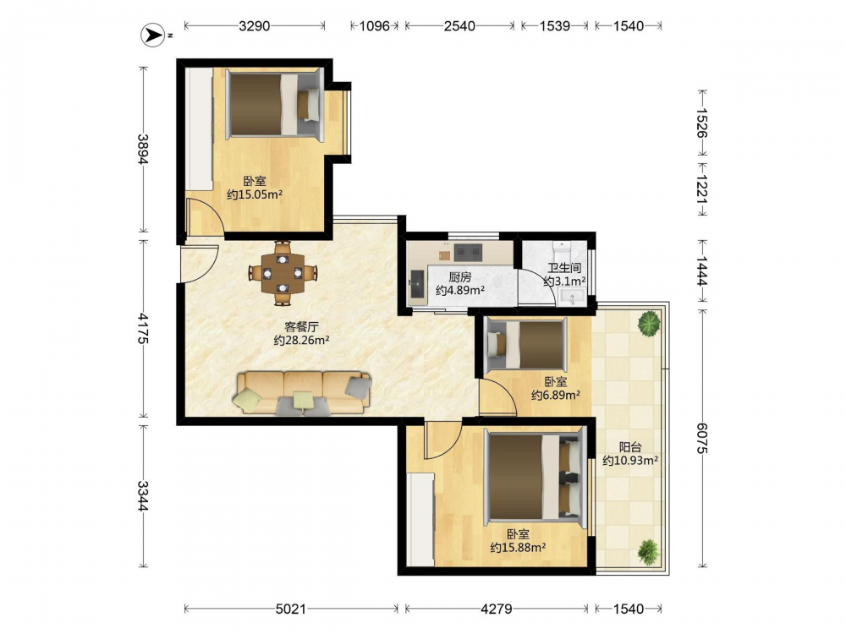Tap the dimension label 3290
[254, 25]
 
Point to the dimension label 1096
[375, 25]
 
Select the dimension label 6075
[702, 437]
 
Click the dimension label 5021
[291, 609]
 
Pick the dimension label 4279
[497, 609]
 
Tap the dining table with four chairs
[282, 273]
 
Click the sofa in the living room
[303, 393]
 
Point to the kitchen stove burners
[467, 251]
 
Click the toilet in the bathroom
[563, 250]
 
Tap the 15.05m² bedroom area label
[255, 194]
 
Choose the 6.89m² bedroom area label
[556, 395]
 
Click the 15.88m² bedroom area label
[518, 547]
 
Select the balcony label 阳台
[630, 447]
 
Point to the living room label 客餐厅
[302, 326]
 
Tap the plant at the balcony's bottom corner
[649, 551]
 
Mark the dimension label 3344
[142, 495]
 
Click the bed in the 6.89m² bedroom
[526, 345]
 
